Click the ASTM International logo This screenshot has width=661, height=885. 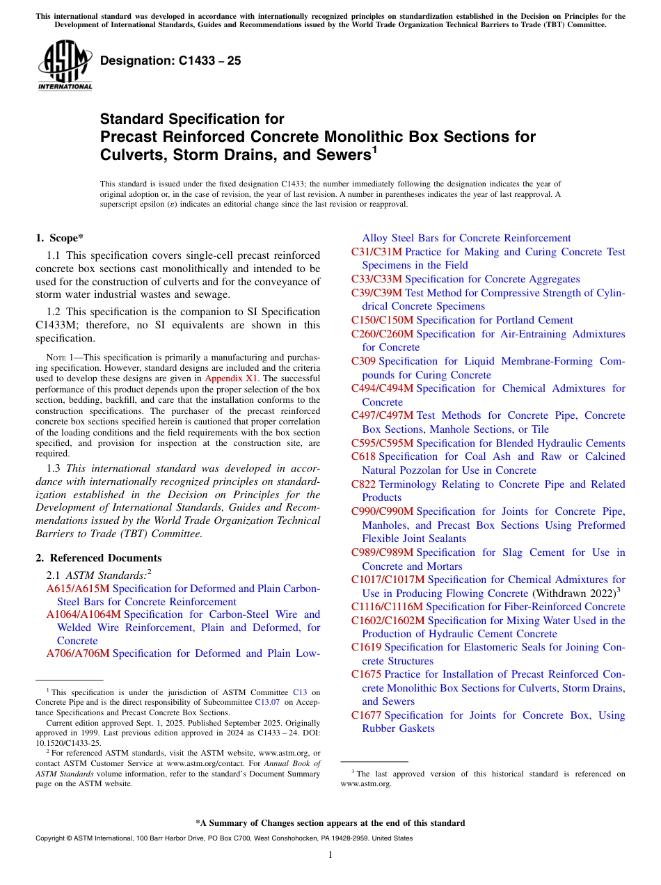pos(65,65)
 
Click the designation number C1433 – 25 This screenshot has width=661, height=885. pos(170,61)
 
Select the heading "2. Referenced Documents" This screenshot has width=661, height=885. pos(99,557)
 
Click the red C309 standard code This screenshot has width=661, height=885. pos(364,361)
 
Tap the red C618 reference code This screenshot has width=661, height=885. pos(364,456)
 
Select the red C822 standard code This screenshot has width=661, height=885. pos(364,484)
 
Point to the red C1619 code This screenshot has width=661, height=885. pos(367,647)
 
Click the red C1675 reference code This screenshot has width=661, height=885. pos(367,674)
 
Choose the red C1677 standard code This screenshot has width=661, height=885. pos(367,715)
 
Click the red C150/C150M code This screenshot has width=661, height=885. pos(382,320)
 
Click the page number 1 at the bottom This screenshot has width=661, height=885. pos(330,854)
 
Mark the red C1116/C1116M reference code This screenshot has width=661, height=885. pos(387,607)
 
